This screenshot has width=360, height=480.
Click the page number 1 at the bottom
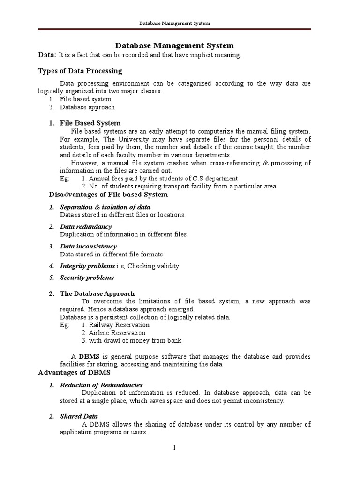(174, 448)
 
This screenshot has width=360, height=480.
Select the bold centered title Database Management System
(174, 45)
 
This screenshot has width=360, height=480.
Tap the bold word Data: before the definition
(47, 55)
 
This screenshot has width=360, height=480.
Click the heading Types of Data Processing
(80, 71)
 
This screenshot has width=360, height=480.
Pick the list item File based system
(85, 99)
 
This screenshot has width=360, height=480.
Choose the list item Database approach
(87, 107)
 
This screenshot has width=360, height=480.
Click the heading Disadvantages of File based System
(108, 195)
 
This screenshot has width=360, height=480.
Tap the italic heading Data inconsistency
(88, 246)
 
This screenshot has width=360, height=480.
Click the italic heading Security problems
(87, 277)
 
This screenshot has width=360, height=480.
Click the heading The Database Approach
(97, 293)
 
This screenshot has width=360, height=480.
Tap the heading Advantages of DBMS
(74, 373)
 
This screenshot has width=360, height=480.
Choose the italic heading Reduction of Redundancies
(101, 385)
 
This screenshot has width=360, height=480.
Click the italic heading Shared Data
(79, 416)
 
